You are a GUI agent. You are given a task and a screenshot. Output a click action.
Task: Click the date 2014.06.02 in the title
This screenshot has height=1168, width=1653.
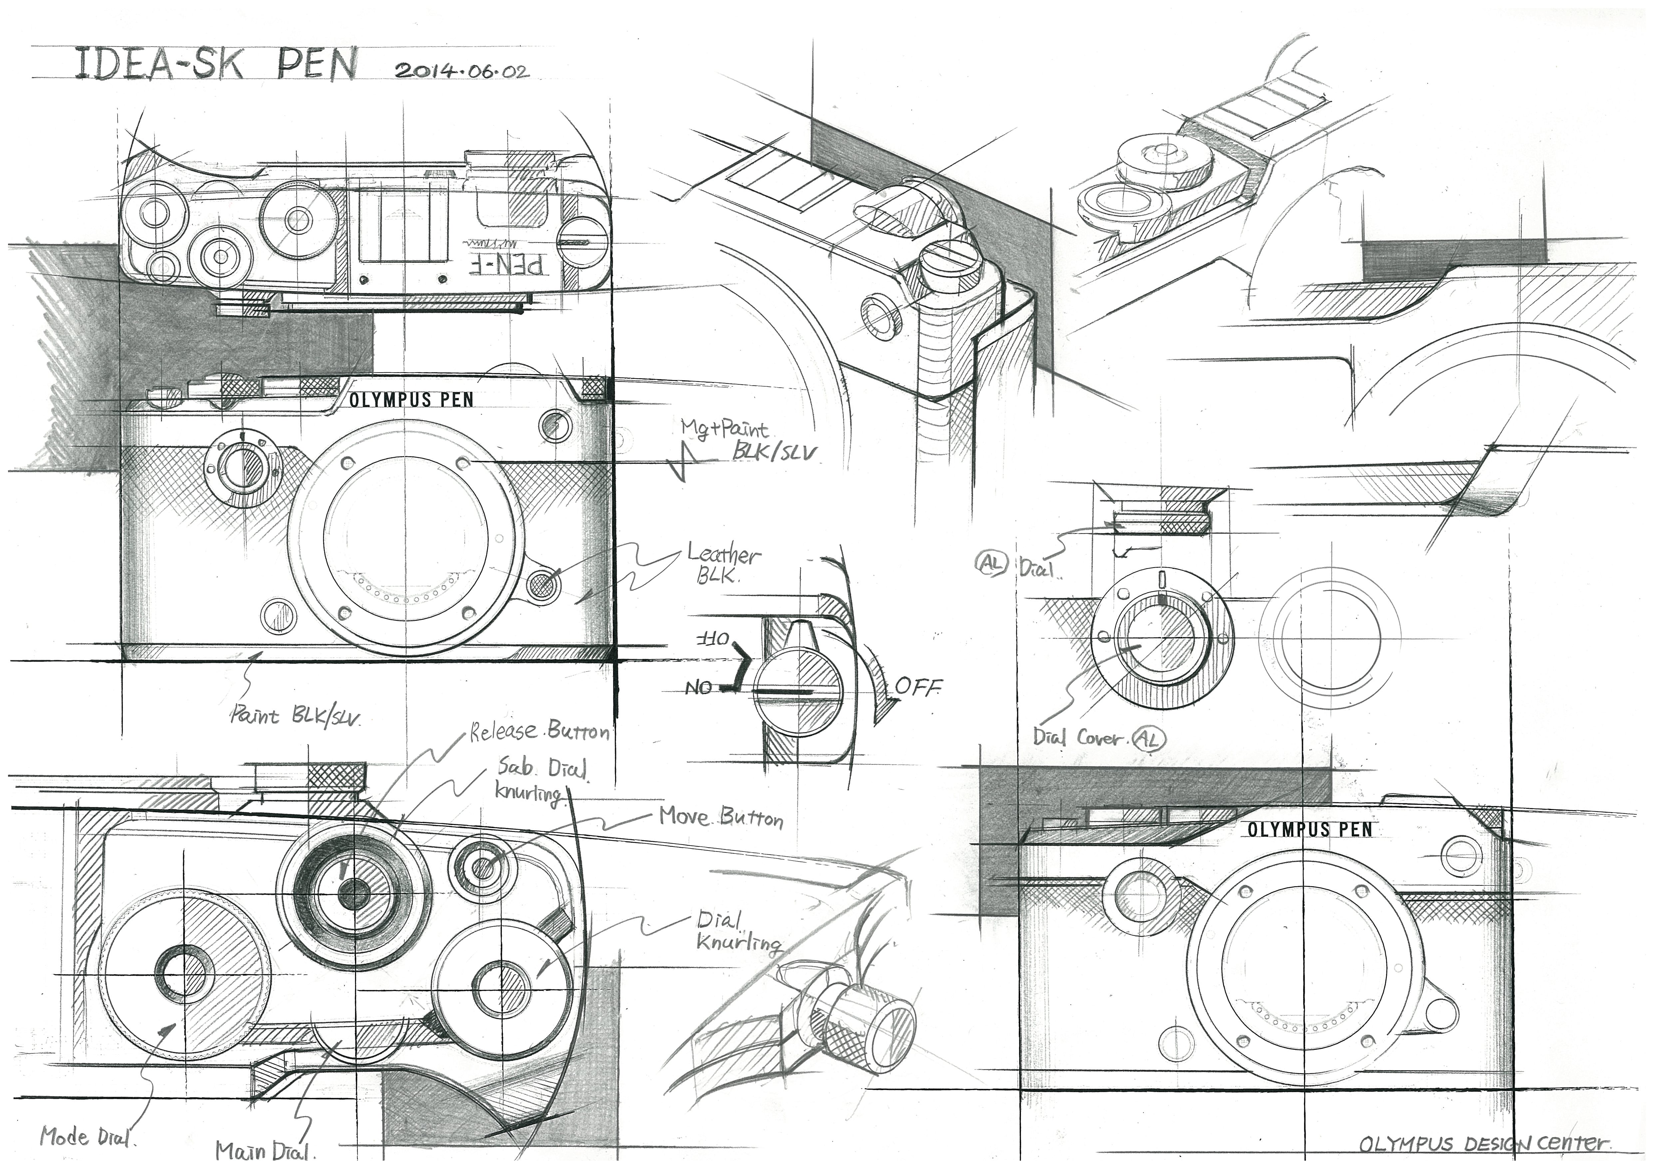click(x=461, y=71)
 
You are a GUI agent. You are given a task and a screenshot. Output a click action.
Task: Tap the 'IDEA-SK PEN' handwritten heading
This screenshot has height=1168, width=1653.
click(x=216, y=65)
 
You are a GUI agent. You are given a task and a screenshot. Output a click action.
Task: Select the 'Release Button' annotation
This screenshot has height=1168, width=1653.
click(x=540, y=732)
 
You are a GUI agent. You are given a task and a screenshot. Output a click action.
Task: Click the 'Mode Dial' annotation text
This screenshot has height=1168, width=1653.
click(x=86, y=1137)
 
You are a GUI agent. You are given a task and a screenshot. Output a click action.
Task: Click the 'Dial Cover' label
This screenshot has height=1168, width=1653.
click(x=1078, y=738)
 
